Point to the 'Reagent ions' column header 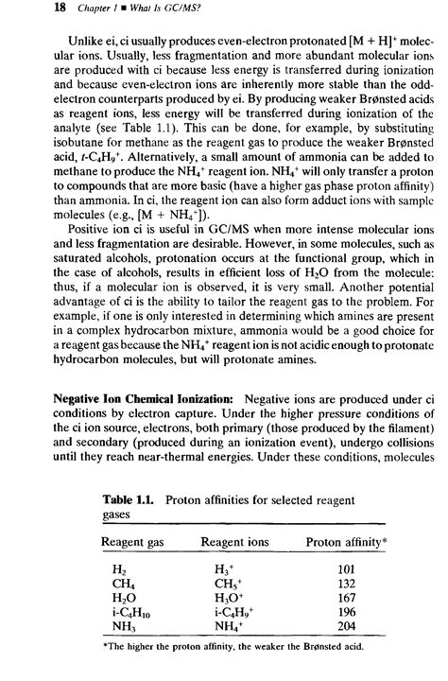tap(234, 542)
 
